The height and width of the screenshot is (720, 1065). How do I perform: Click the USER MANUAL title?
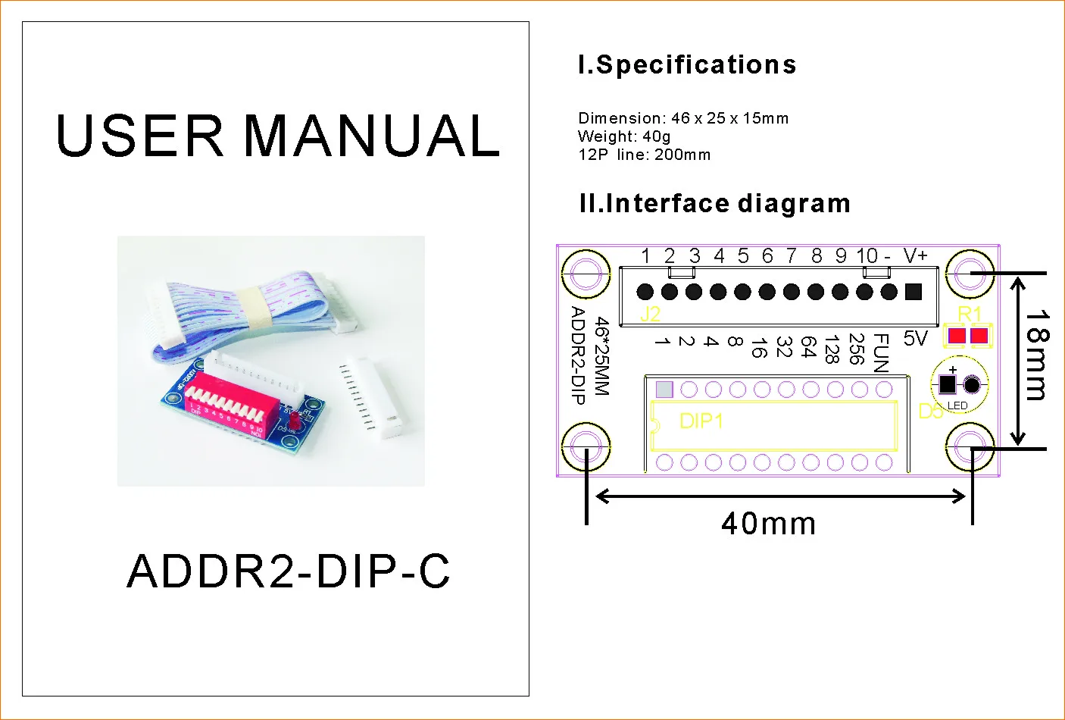click(277, 136)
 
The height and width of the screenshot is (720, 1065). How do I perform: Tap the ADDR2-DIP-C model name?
click(289, 571)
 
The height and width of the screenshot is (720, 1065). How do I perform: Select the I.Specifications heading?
click(687, 65)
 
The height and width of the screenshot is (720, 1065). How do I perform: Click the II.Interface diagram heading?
click(714, 203)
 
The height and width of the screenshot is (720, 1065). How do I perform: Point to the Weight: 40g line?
click(624, 136)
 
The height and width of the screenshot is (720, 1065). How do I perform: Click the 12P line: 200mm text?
click(644, 155)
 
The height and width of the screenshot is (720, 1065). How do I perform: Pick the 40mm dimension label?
click(768, 524)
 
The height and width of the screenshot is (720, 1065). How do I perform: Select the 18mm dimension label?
click(1037, 354)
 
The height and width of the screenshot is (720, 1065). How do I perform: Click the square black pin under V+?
click(914, 291)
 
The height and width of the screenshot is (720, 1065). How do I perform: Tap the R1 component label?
click(970, 314)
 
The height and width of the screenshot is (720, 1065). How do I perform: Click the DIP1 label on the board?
click(701, 421)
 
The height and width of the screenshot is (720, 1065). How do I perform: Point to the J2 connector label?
click(650, 314)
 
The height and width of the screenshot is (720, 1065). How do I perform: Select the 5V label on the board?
click(915, 338)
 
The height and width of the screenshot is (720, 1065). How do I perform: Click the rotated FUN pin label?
click(881, 353)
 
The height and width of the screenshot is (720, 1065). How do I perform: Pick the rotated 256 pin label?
click(857, 349)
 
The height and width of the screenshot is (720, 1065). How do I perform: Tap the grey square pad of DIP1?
click(664, 390)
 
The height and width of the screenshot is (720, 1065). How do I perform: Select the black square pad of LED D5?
click(948, 384)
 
